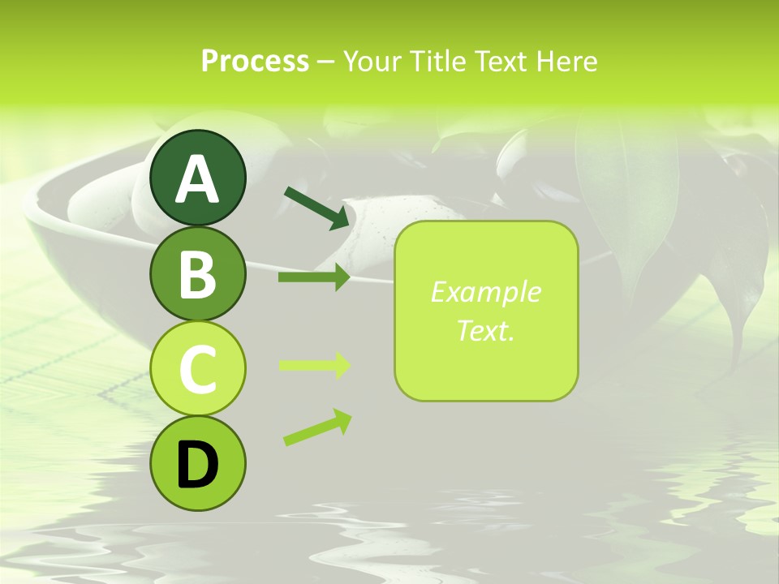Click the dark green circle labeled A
pyautogui.click(x=197, y=178)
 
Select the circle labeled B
pyautogui.click(x=197, y=273)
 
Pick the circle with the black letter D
pyautogui.click(x=197, y=463)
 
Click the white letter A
pyautogui.click(x=197, y=179)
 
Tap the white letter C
pyautogui.click(x=197, y=369)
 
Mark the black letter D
pyautogui.click(x=197, y=466)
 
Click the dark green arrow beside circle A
pyautogui.click(x=317, y=207)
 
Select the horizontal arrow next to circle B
pyautogui.click(x=314, y=277)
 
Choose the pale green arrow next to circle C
pyautogui.click(x=314, y=365)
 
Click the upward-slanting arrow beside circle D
pyautogui.click(x=317, y=427)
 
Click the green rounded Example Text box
pyautogui.click(x=486, y=311)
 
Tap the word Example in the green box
pyautogui.click(x=486, y=292)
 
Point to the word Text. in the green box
pyautogui.click(x=486, y=330)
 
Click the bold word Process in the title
pyautogui.click(x=255, y=62)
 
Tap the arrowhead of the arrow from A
pyautogui.click(x=340, y=218)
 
